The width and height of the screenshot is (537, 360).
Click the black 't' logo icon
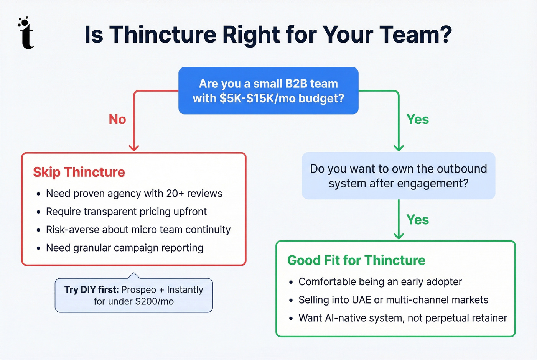pyautogui.click(x=26, y=33)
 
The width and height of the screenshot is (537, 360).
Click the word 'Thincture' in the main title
pyautogui.click(x=163, y=35)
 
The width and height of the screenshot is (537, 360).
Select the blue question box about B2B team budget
pyautogui.click(x=268, y=91)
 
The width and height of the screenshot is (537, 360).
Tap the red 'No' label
pyautogui.click(x=117, y=119)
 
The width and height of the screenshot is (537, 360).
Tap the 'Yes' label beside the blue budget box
pyautogui.click(x=417, y=119)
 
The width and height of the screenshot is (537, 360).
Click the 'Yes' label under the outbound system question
pyautogui.click(x=417, y=220)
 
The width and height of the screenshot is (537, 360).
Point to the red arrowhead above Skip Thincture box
pyautogui.click(x=133, y=148)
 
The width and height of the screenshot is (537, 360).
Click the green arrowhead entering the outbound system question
pyautogui.click(x=399, y=148)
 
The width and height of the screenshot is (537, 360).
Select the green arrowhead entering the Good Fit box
pyautogui.click(x=399, y=236)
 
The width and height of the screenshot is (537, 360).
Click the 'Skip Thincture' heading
pyautogui.click(x=79, y=172)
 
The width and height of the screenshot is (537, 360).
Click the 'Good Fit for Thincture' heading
pyautogui.click(x=356, y=260)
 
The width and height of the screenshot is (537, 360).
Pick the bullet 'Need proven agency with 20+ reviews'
pyautogui.click(x=134, y=194)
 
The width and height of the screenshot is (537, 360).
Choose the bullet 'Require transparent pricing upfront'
pyautogui.click(x=126, y=212)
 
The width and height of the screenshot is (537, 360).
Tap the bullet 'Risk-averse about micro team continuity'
pyautogui.click(x=138, y=230)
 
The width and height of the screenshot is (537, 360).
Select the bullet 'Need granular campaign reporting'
pyautogui.click(x=124, y=248)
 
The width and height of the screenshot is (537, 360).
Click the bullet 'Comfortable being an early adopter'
pyautogui.click(x=380, y=282)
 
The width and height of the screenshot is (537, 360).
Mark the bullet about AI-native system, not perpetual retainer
pyautogui.click(x=402, y=318)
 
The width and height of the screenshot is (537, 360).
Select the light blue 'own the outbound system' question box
pyautogui.click(x=399, y=176)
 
